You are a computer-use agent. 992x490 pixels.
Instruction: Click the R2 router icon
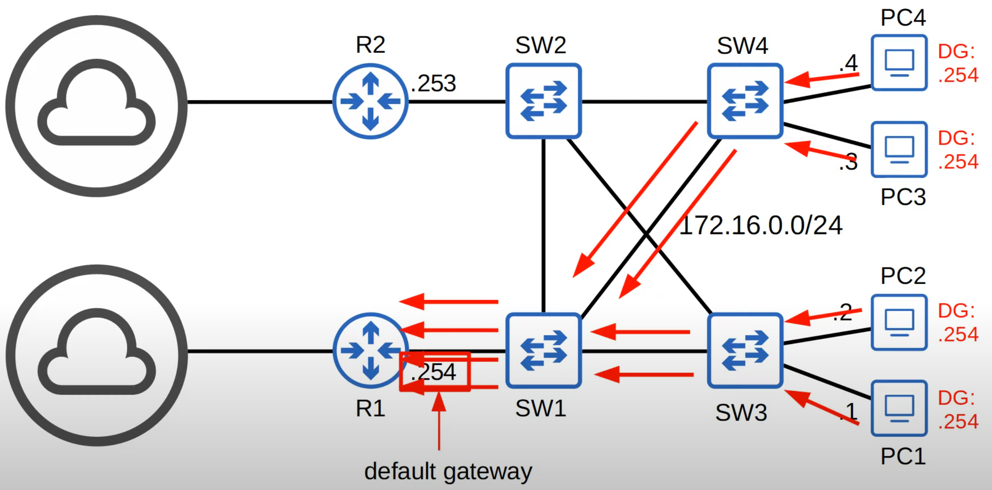coord(370,101)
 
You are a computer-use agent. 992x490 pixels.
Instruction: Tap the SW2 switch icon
coord(543,101)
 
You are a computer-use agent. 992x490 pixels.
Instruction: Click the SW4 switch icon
coord(745,101)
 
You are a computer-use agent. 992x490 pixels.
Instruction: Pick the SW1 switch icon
coord(543,351)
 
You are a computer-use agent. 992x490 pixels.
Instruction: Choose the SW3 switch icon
coord(745,351)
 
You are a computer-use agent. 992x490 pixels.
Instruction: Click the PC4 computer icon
coord(899,62)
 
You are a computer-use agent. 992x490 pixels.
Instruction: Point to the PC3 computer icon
coord(899,149)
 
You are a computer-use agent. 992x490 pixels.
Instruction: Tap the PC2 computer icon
coord(899,322)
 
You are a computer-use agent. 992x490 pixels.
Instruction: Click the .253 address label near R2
coord(433,84)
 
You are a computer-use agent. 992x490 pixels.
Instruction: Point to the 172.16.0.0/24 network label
coord(761,226)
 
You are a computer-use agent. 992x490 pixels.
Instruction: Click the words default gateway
coord(448,472)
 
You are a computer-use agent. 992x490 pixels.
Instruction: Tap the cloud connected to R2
coord(96,106)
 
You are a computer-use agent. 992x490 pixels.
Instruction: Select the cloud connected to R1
coord(96,355)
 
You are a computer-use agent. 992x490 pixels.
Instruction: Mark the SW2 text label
coord(540,45)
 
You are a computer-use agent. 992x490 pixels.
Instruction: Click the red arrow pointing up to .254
coord(439,422)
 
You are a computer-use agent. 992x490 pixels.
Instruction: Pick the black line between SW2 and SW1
coord(543,226)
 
